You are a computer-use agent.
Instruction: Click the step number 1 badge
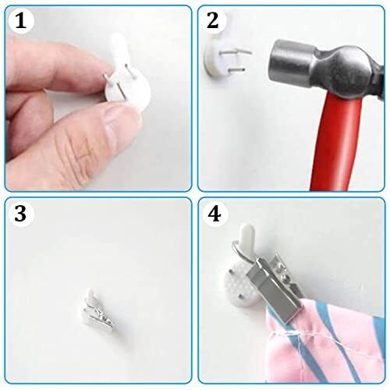pyautogui.click(x=21, y=20)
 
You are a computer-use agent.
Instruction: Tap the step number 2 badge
pyautogui.click(x=213, y=20)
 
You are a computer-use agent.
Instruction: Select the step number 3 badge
pyautogui.click(x=20, y=214)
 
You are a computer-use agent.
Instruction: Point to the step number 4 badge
pyautogui.click(x=214, y=214)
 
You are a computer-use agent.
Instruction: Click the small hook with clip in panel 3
pyautogui.click(x=98, y=310)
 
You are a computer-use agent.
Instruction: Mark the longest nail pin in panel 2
pyautogui.click(x=236, y=51)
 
